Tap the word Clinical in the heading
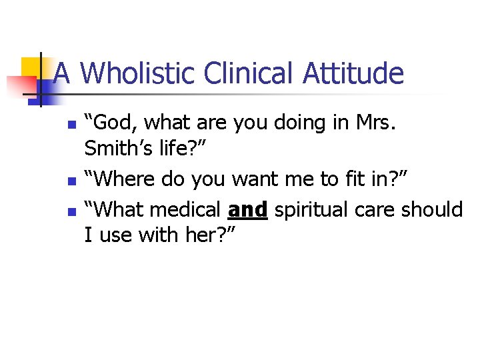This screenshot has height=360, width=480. [x=250, y=73]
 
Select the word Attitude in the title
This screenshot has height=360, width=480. [x=353, y=73]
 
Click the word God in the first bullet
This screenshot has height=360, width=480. [x=114, y=123]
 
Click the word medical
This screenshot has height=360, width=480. [x=186, y=210]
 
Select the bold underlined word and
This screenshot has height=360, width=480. [x=247, y=210]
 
